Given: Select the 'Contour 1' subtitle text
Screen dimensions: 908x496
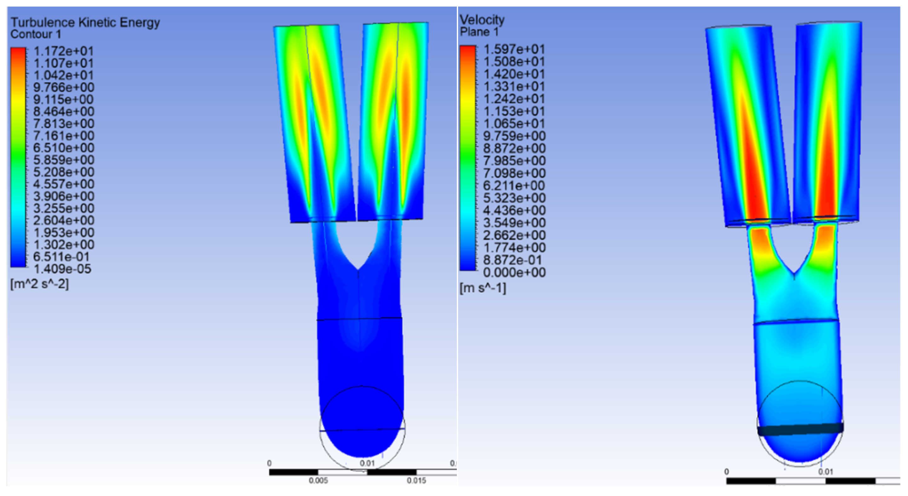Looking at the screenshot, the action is click(x=36, y=35).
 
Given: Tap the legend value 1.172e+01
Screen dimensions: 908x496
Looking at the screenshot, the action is click(x=63, y=51).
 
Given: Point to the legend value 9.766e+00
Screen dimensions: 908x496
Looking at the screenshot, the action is click(x=63, y=87).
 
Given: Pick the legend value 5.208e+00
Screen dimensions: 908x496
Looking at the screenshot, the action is click(x=63, y=172).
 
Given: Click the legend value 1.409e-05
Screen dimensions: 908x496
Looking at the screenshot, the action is click(x=62, y=269).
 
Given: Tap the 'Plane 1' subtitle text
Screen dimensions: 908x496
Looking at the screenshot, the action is click(x=480, y=32).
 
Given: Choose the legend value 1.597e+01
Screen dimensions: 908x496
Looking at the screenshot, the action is click(x=514, y=49).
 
